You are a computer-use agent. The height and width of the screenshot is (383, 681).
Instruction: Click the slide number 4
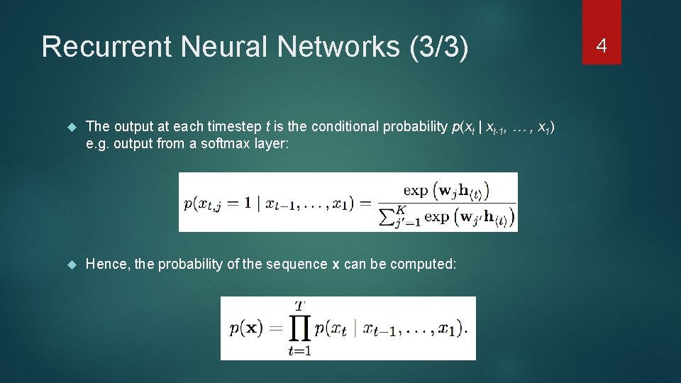pos(602,47)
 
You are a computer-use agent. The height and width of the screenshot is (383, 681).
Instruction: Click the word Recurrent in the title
pos(106,47)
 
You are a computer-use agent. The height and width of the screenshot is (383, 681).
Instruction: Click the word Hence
pos(105,265)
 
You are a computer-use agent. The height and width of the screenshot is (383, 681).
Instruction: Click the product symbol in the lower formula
pos(300,327)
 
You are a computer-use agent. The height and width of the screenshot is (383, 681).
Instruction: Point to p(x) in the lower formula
pos(245,328)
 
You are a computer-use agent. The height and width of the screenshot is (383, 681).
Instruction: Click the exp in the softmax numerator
pos(415,189)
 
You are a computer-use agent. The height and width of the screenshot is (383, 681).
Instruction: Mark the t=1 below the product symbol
pos(300,350)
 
